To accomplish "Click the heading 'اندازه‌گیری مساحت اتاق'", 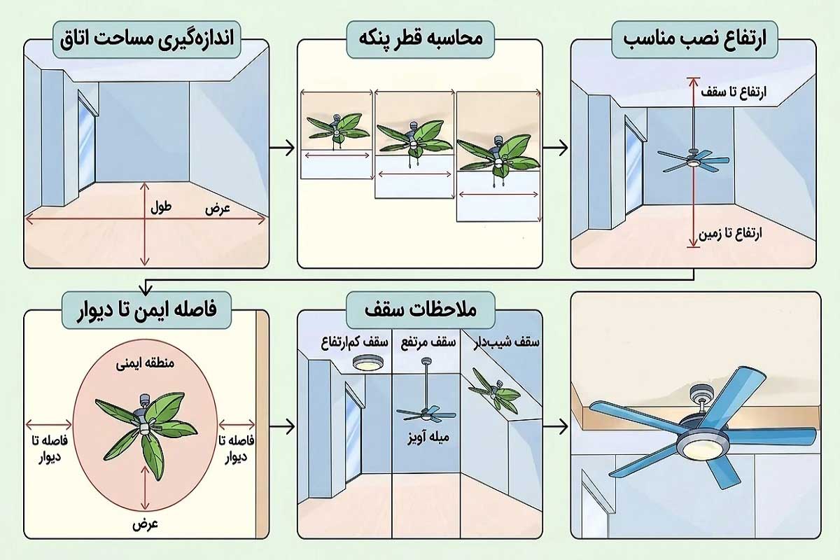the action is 146,39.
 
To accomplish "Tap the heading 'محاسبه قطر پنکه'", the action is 421,39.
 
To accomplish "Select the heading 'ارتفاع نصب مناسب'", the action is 694,39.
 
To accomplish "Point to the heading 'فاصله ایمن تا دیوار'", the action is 146,311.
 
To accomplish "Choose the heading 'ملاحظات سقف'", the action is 421,310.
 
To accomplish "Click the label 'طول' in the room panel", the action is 161,207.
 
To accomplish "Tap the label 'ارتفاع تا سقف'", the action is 734,92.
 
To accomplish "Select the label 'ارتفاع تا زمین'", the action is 730,234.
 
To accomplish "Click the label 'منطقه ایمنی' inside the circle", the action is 145,363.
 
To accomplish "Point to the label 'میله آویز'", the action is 428,437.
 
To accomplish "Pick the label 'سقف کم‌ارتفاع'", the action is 355,342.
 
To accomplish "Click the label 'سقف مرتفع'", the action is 428,342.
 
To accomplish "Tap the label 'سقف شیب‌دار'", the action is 506,342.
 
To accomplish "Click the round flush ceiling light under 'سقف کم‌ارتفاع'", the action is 368,363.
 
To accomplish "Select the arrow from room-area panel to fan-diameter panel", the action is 282,148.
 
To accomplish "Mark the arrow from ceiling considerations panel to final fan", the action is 555,426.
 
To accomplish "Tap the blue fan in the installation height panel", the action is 694,161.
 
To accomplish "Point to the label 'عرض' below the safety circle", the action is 145,524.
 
